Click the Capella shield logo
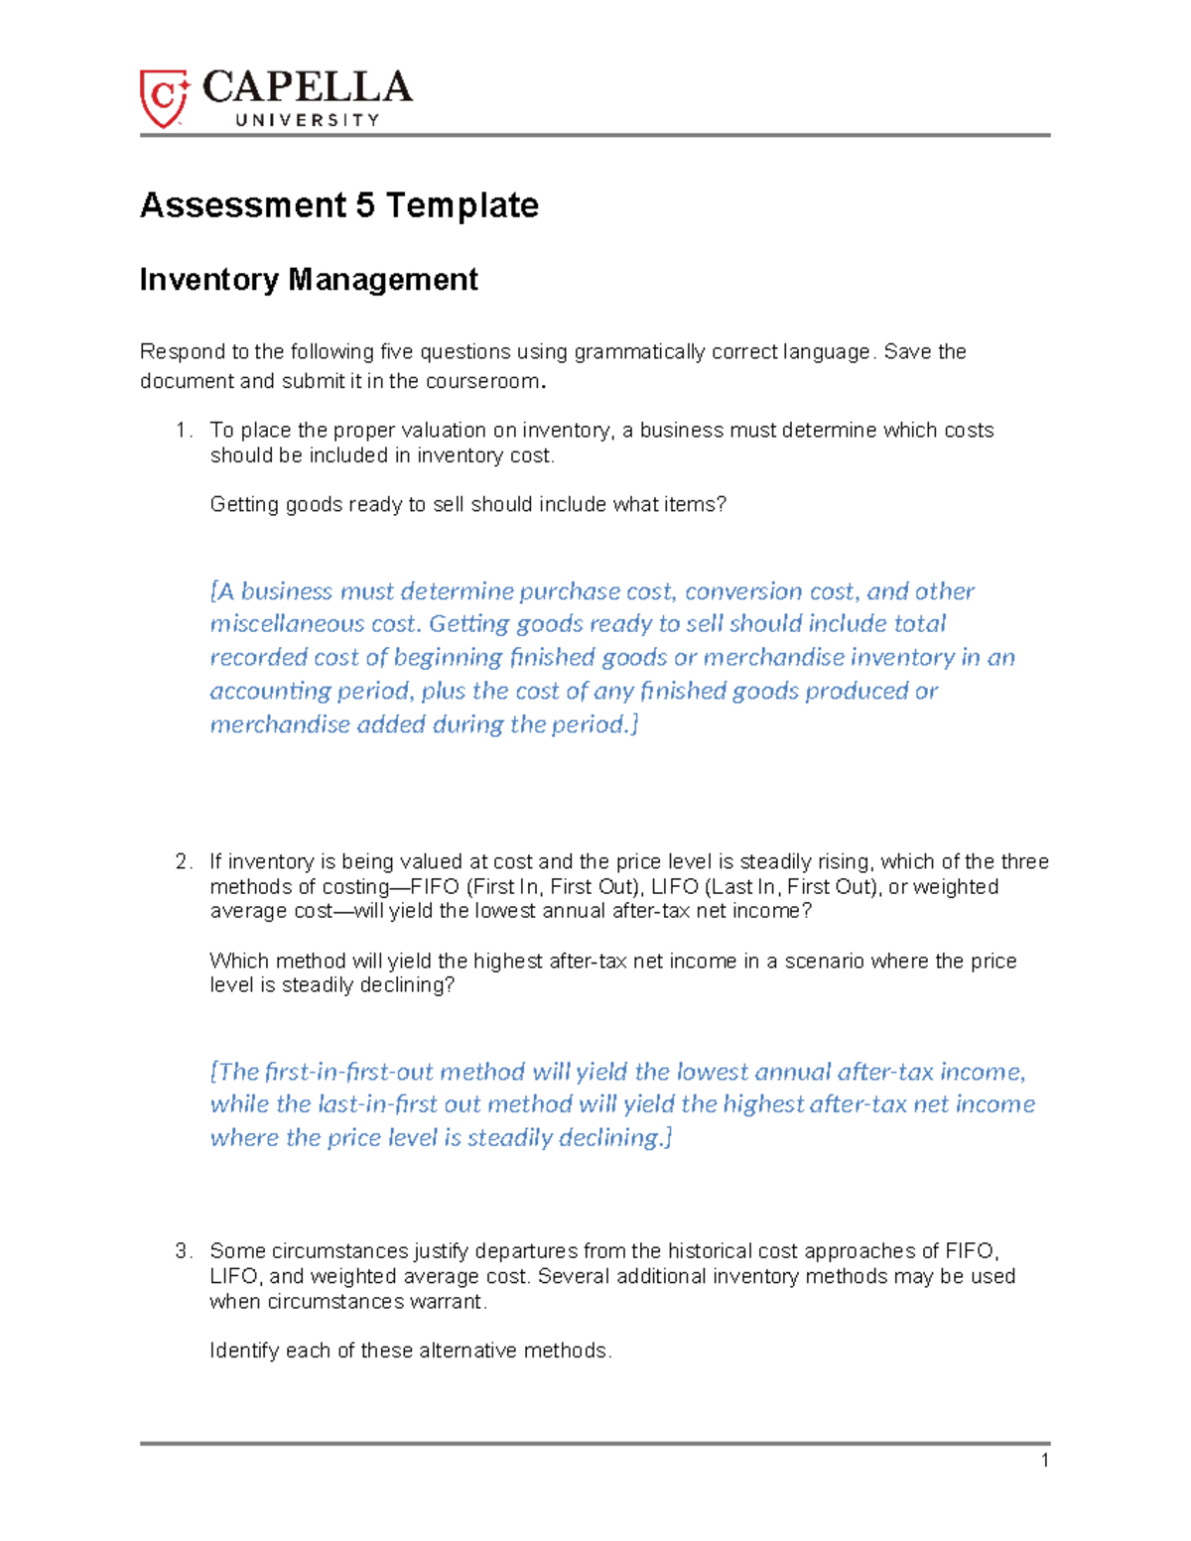[164, 97]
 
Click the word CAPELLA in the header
[307, 88]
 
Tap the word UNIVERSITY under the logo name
[307, 120]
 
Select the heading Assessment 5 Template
[339, 205]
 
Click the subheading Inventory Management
[309, 280]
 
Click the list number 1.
[181, 431]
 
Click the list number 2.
[181, 861]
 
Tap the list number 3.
[181, 1251]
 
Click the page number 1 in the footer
[1044, 1460]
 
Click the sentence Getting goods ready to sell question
[467, 505]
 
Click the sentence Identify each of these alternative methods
[411, 1350]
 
